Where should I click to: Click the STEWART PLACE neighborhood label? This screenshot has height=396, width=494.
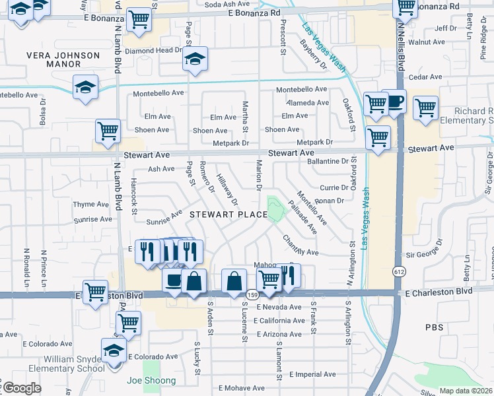coord(229,214)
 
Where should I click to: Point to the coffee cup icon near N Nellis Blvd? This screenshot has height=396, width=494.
coord(394,102)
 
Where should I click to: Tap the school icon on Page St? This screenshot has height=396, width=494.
coord(194,59)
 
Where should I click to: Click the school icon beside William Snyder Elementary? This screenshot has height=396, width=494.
coord(114,350)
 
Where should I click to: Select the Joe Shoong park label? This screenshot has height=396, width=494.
coord(152,380)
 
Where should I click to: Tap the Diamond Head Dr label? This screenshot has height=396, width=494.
coord(153,50)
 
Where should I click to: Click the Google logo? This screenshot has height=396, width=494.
coord(22,388)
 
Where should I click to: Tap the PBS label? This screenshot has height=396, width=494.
coord(435,327)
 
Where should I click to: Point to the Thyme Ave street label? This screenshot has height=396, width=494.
coord(90,205)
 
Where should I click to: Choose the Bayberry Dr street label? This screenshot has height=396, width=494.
coord(313,54)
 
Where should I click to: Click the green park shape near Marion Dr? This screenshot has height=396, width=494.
coord(275,210)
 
